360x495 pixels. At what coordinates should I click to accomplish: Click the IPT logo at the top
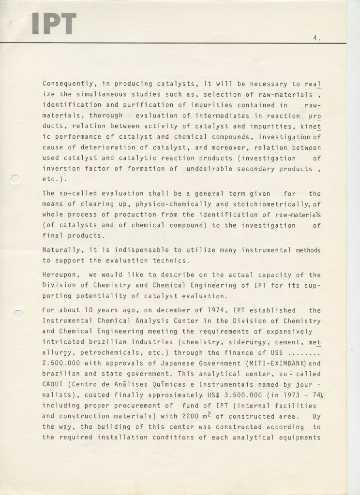click(x=54, y=24)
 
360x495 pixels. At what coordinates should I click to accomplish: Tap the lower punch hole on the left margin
click(x=18, y=315)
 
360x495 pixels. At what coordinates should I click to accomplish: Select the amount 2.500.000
click(x=62, y=364)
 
